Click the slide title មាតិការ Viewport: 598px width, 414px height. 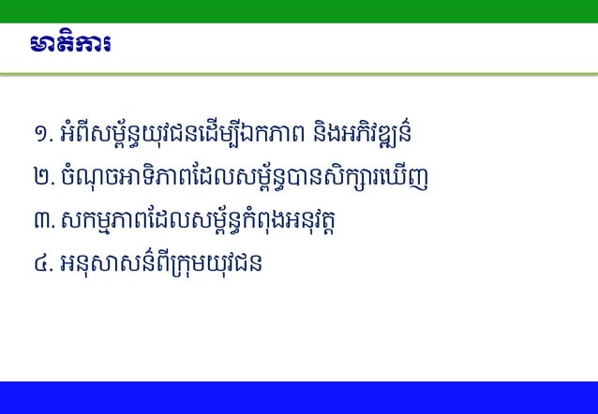(x=70, y=46)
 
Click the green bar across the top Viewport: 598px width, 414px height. (x=299, y=10)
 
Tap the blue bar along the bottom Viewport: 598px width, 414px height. (x=299, y=397)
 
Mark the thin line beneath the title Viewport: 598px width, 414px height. (x=299, y=72)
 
